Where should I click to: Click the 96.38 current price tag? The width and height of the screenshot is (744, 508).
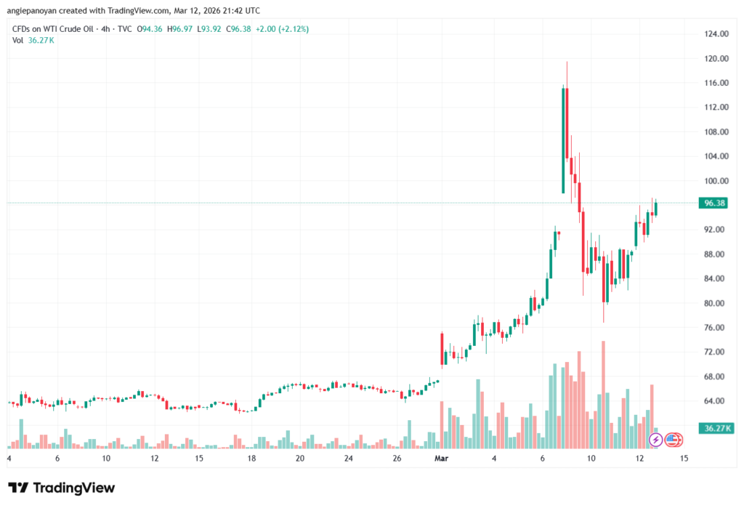[x=711, y=203]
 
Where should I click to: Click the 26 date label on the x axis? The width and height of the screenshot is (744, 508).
[x=397, y=459]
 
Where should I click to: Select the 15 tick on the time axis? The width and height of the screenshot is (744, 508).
[x=684, y=459]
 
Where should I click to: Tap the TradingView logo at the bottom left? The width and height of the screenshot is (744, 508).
[x=61, y=488]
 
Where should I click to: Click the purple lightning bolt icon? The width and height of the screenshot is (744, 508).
[x=655, y=439]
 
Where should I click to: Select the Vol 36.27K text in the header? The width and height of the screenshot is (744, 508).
[x=33, y=40]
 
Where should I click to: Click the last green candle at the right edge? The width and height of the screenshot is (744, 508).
[x=656, y=209]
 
